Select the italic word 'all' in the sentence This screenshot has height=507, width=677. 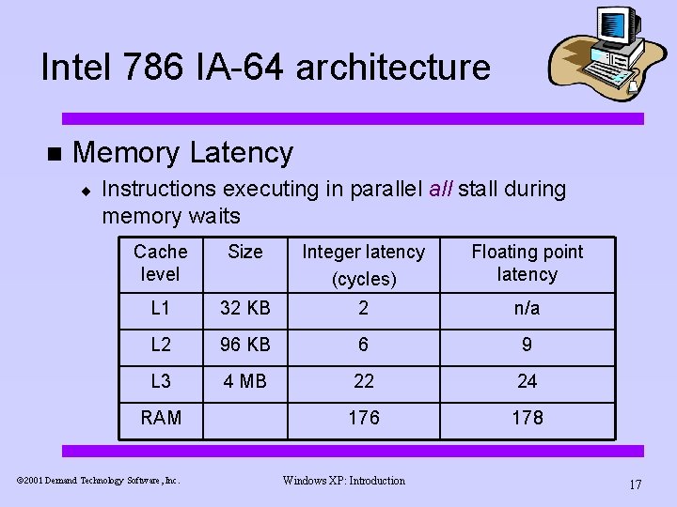(440, 189)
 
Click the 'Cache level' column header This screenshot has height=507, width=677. (160, 263)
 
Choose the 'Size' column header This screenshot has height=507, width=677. (245, 252)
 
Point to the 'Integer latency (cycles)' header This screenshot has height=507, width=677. (363, 265)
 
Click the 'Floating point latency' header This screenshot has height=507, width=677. (527, 263)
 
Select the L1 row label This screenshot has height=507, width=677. (160, 308)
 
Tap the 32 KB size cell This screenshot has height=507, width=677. (245, 308)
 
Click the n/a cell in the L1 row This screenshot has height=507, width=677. (527, 308)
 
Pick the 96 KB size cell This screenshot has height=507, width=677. (245, 345)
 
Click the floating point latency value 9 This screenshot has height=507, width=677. (527, 345)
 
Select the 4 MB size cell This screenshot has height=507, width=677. (245, 381)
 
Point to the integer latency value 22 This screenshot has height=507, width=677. (363, 381)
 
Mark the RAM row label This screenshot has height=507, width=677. (161, 418)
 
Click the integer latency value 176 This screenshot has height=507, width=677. (363, 418)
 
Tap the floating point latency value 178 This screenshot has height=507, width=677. (527, 418)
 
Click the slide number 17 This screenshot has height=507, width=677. (635, 484)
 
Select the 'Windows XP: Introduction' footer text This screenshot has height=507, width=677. (343, 481)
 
